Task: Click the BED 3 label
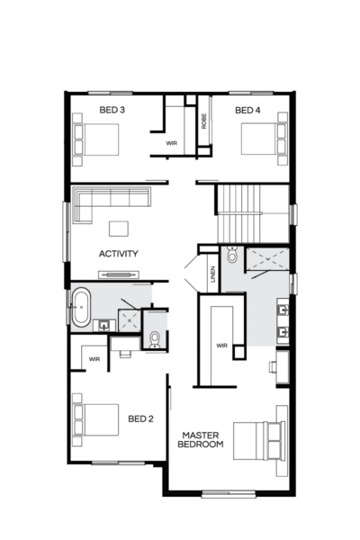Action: click(x=112, y=110)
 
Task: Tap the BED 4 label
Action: click(x=247, y=110)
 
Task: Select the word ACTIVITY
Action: click(x=119, y=253)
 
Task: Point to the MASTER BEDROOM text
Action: click(x=200, y=438)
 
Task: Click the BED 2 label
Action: click(x=140, y=418)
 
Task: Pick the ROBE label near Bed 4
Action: click(x=204, y=121)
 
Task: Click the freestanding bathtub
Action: click(x=81, y=307)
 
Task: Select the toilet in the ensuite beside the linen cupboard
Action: click(x=232, y=256)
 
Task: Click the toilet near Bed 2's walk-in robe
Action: click(x=154, y=338)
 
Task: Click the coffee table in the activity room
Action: click(x=120, y=228)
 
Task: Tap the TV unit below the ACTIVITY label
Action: click(x=119, y=274)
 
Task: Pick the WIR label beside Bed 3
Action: click(x=171, y=143)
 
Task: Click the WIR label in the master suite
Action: click(x=221, y=345)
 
